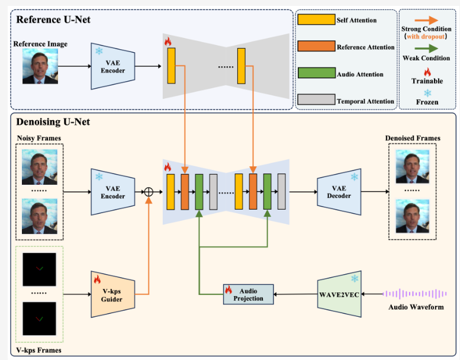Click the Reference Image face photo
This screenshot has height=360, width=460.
click(40, 66)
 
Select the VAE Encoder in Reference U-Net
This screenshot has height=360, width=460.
click(112, 66)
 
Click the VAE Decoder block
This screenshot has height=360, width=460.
click(339, 191)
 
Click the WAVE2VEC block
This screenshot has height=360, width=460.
click(339, 293)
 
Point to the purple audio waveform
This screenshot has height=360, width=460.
click(414, 294)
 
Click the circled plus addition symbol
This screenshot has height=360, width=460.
click(149, 192)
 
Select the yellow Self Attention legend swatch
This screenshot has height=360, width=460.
click(316, 20)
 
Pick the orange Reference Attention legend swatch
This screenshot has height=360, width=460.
click(316, 47)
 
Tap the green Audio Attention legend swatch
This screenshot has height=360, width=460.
click(316, 74)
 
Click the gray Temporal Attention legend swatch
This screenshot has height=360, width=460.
click(316, 101)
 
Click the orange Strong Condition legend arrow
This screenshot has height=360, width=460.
click(426, 19)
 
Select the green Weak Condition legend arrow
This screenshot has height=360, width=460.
click(426, 49)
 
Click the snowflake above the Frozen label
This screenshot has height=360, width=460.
click(426, 93)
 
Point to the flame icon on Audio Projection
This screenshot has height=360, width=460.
click(228, 290)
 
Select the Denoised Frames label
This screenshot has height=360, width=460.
click(413, 139)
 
